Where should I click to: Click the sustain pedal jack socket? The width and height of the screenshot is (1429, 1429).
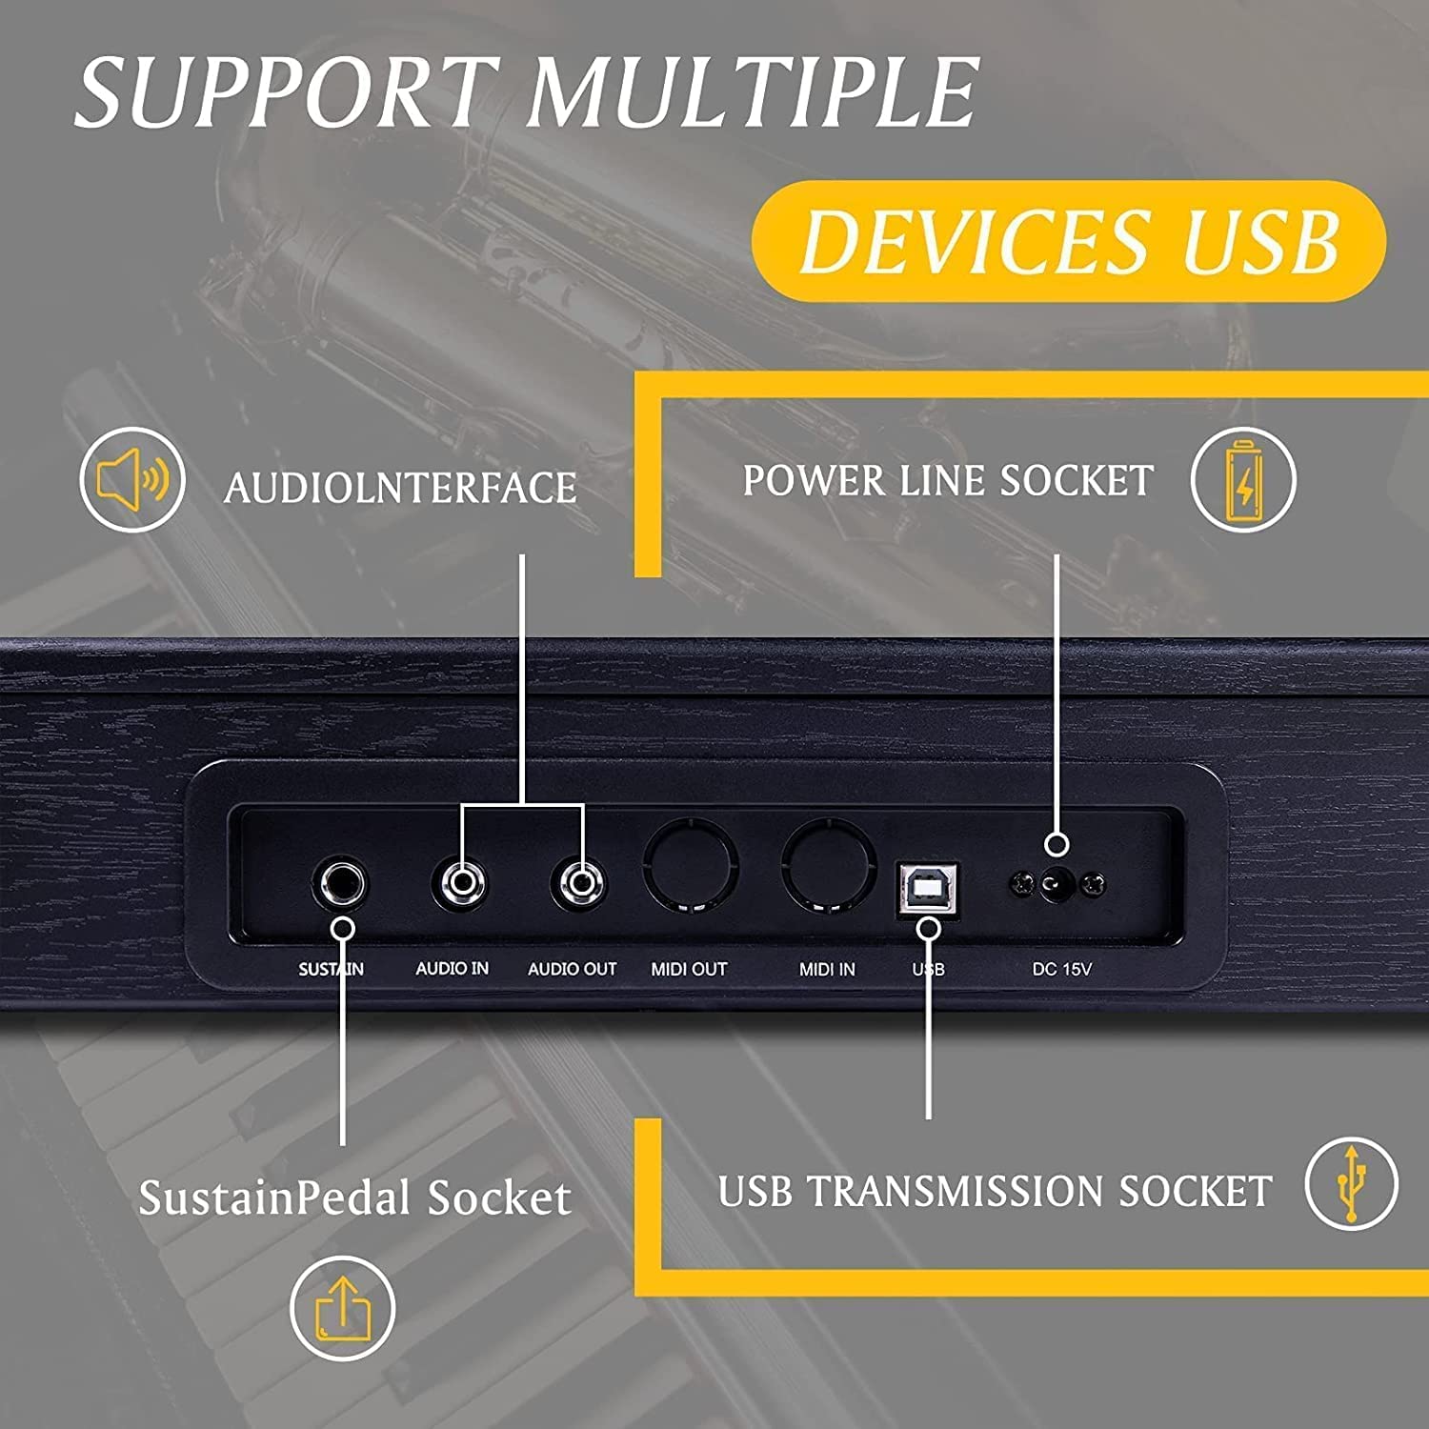pyautogui.click(x=339, y=885)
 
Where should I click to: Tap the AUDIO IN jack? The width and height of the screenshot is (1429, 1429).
pyautogui.click(x=461, y=883)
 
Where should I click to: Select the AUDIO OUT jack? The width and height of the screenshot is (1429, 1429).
pyautogui.click(x=579, y=883)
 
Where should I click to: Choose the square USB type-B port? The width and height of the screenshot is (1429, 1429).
pyautogui.click(x=928, y=889)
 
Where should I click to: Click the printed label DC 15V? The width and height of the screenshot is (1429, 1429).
pyautogui.click(x=1061, y=969)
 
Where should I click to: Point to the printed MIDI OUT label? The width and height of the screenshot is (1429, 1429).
pyautogui.click(x=689, y=969)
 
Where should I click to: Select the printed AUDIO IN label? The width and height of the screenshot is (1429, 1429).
pyautogui.click(x=453, y=968)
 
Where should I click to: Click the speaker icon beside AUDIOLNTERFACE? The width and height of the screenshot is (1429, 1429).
pyautogui.click(x=132, y=479)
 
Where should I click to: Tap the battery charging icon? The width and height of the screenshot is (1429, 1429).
pyautogui.click(x=1243, y=479)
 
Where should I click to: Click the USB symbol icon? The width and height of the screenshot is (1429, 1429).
pyautogui.click(x=1351, y=1183)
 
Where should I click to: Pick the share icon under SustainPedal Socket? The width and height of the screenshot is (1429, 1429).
pyautogui.click(x=342, y=1309)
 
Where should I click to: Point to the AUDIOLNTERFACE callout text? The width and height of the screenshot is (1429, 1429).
pyautogui.click(x=400, y=488)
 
